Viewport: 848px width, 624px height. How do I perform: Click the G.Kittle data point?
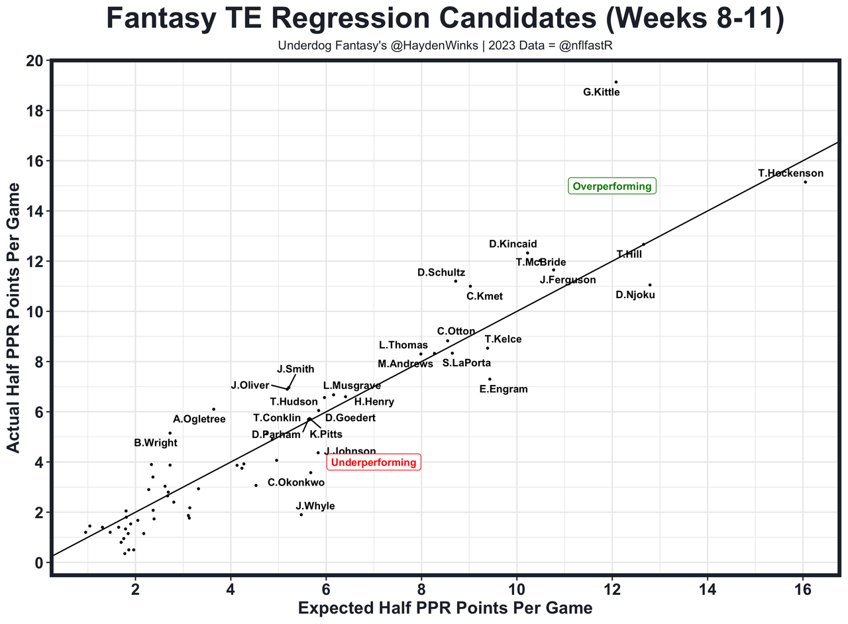(x=615, y=82)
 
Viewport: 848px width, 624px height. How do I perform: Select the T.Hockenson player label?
(x=791, y=174)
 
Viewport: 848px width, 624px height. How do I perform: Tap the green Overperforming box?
(x=612, y=186)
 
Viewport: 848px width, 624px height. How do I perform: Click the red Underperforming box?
(x=374, y=462)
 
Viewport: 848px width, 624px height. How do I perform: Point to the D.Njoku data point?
(x=650, y=285)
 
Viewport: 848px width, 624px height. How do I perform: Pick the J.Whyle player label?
(x=315, y=506)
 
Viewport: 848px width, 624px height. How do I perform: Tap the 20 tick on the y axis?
(x=34, y=61)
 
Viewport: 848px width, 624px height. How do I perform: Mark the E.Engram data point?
(x=490, y=379)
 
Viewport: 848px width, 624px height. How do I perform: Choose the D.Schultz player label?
(x=441, y=273)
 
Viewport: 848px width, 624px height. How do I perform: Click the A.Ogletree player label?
(x=199, y=419)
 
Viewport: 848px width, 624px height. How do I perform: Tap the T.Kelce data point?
(x=488, y=348)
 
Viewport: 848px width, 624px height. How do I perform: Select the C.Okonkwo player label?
(x=296, y=483)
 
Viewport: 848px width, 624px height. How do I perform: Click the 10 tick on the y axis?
(x=34, y=312)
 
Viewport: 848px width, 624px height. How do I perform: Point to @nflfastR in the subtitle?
(x=589, y=46)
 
